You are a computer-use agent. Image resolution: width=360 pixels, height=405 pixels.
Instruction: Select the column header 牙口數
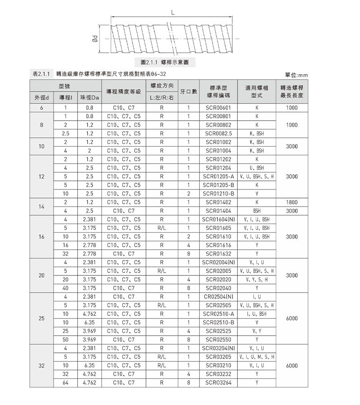coord(189,92)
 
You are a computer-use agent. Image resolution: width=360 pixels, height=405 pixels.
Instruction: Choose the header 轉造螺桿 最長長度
coord(292,92)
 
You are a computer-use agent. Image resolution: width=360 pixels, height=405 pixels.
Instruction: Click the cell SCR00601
coord(218,108)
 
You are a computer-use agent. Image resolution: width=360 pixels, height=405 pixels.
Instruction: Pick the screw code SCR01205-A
coord(218,176)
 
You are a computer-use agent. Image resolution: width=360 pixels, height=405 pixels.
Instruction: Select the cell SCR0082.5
coord(218,134)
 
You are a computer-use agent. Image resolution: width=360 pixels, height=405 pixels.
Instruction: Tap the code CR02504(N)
coord(218,296)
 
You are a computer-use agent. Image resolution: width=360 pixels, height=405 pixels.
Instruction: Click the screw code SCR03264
coord(218,382)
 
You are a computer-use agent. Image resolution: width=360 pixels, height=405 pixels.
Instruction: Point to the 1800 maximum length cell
coord(292,202)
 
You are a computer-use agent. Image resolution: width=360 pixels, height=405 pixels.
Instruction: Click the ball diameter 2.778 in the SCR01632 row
coord(89,253)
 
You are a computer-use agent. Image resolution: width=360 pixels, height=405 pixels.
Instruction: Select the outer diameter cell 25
coord(41,318)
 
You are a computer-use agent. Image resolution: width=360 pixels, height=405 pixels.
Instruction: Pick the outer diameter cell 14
coord(41,206)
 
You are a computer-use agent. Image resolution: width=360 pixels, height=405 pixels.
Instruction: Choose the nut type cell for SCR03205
coord(256,356)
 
